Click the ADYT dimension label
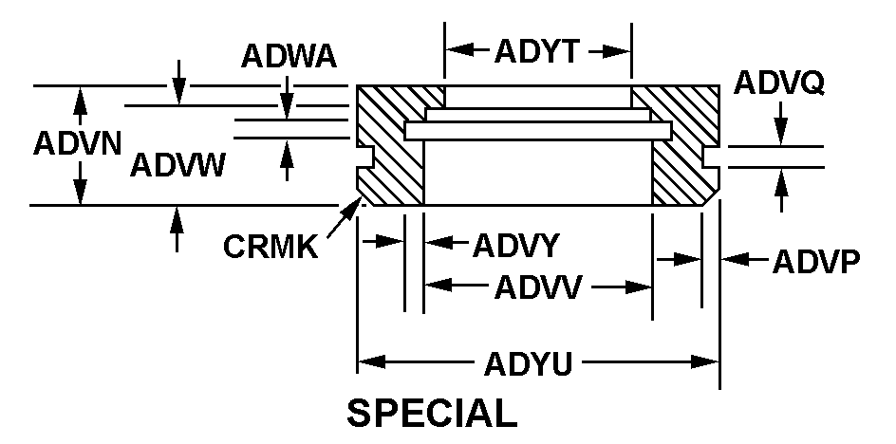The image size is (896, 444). [x=536, y=51]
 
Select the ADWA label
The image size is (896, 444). [x=289, y=57]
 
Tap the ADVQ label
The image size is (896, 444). [x=779, y=84]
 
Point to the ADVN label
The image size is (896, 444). [x=76, y=144]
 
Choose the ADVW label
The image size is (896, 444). [x=177, y=165]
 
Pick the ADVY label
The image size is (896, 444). [x=514, y=246]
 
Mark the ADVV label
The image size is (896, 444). [x=538, y=287]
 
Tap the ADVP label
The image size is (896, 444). [x=815, y=260]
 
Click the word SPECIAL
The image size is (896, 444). [x=432, y=414]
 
